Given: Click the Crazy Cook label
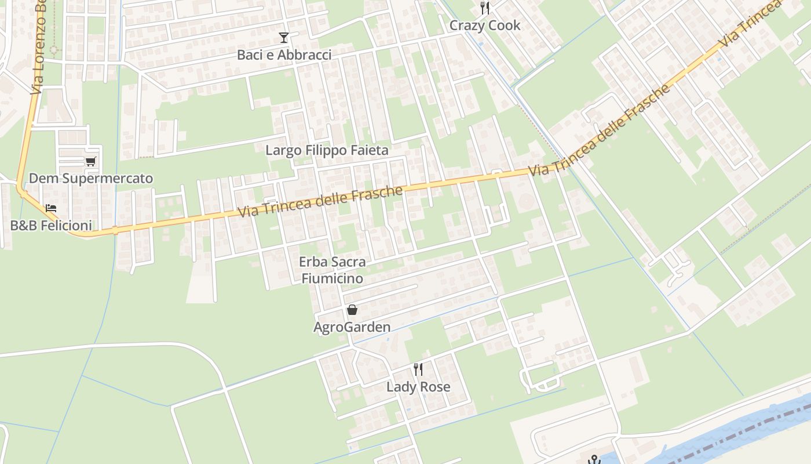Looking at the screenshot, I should [485, 26].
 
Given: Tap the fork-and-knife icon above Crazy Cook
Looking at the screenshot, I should [485, 8].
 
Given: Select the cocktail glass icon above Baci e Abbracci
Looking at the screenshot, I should [284, 38].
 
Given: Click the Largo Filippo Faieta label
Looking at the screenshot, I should [327, 150].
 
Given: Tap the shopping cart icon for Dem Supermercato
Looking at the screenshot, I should [90, 161].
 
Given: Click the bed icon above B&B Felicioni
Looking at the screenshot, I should [51, 208].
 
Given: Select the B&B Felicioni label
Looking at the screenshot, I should [51, 225].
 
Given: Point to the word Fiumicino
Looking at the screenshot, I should [332, 278].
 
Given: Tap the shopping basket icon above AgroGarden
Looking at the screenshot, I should [352, 310].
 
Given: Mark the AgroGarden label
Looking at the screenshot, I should [352, 327].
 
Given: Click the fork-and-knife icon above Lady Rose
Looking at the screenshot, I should [418, 369].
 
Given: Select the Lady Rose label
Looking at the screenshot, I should [418, 387].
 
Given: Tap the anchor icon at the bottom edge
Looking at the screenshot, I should [594, 460].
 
